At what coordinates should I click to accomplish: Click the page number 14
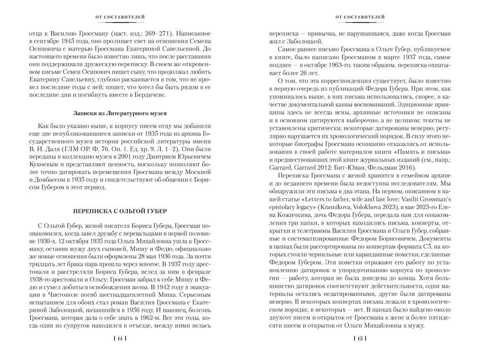[120, 338]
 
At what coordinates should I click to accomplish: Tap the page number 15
[360, 338]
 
